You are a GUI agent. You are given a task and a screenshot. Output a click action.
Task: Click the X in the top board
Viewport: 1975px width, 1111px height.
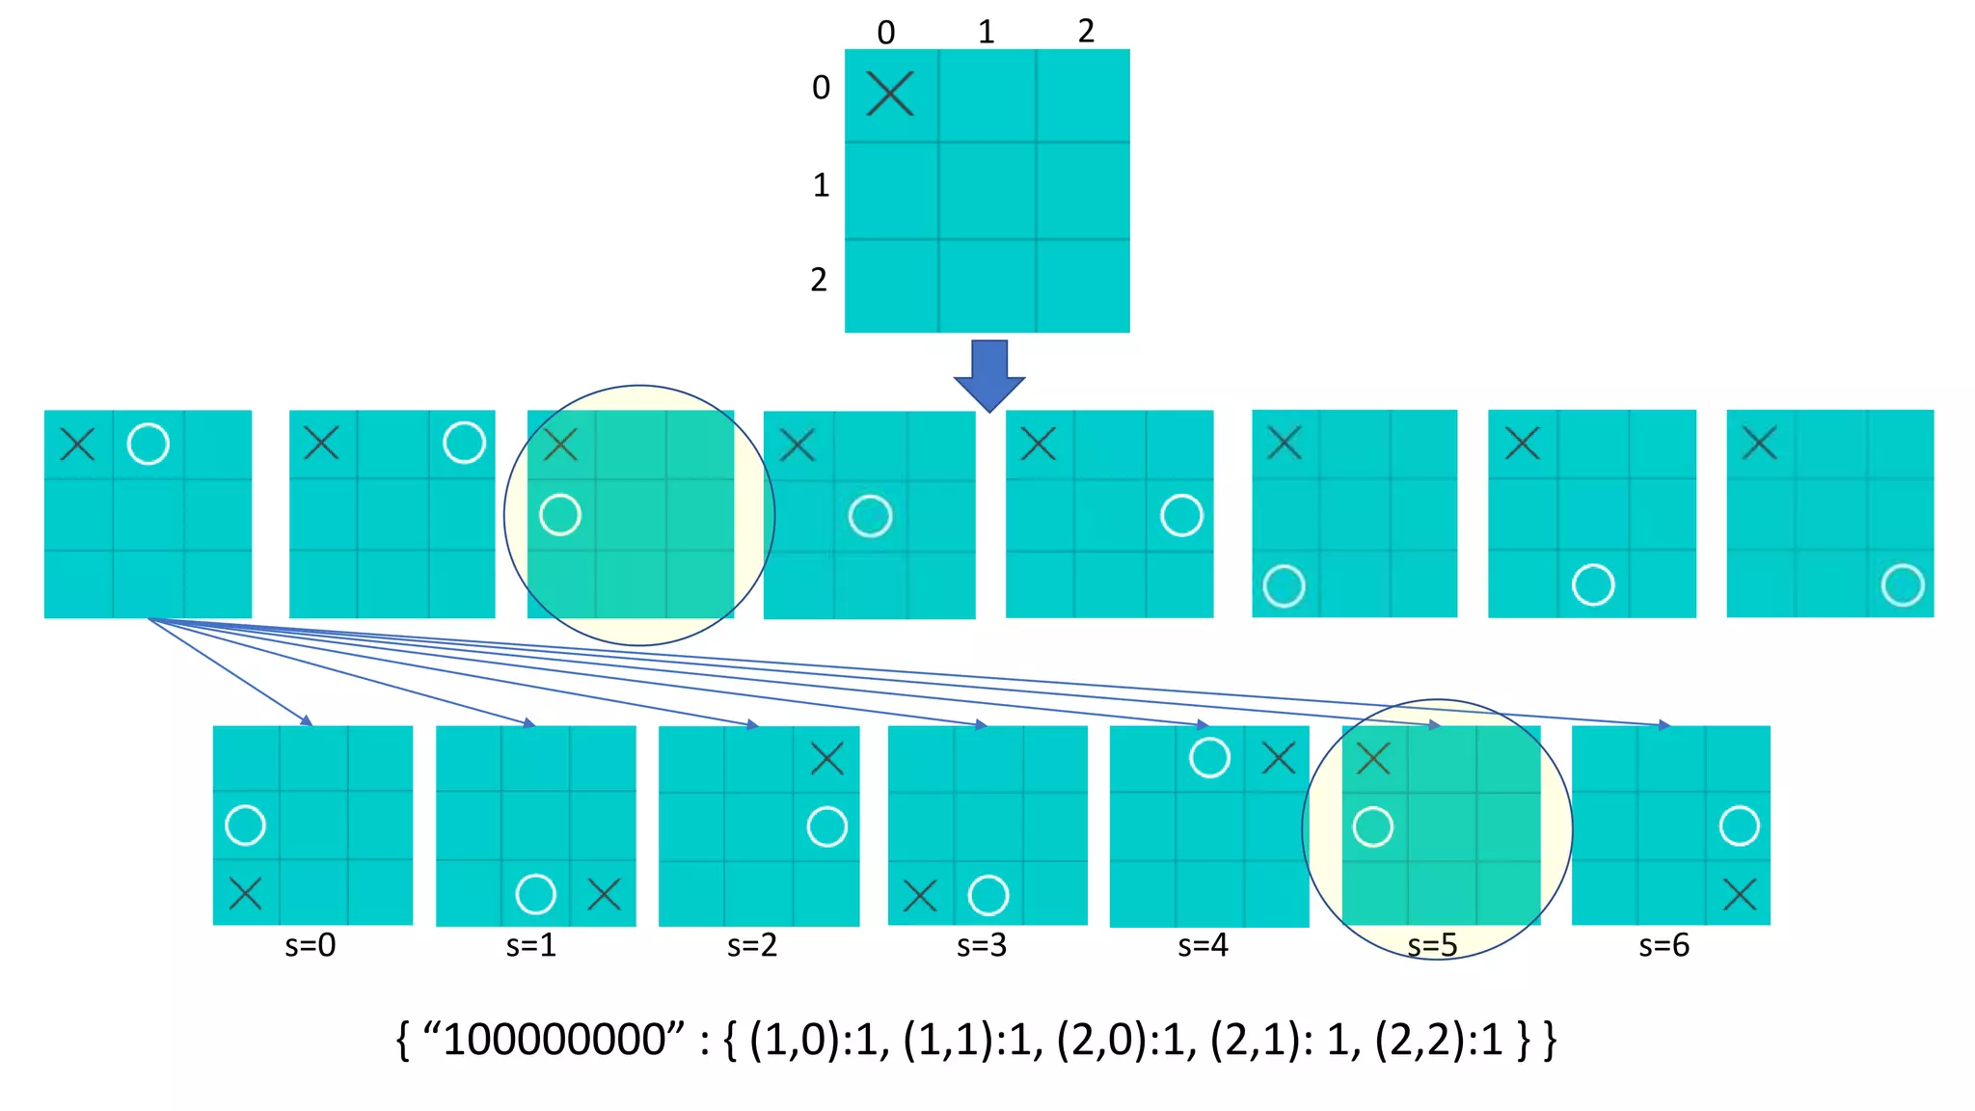coord(889,94)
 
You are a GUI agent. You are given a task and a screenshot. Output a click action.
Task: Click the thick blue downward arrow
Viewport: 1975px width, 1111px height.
coord(989,374)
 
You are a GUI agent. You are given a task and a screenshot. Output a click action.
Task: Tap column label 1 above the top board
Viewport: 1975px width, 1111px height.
coord(986,32)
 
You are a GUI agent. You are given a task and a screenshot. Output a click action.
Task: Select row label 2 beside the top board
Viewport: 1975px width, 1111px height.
coord(819,280)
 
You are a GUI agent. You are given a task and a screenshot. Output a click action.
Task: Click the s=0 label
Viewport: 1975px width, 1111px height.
coord(311,945)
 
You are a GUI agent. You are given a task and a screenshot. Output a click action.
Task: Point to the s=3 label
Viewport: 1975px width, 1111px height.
coord(982,945)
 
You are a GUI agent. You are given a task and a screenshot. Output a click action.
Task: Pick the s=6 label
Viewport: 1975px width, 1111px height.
coord(1664,945)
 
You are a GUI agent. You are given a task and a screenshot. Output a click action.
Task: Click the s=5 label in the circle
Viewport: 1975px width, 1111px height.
coord(1432,945)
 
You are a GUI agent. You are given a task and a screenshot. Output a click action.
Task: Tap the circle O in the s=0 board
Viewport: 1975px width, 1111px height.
coord(245,826)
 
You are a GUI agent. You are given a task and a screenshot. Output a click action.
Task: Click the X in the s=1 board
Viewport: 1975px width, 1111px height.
coord(604,894)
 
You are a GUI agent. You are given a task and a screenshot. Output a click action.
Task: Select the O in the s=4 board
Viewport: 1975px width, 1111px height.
coord(1209,757)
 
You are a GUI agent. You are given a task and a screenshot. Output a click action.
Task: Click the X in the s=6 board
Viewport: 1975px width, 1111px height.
coord(1740,894)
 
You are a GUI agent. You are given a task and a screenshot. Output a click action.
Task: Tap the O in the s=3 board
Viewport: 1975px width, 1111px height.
coord(988,895)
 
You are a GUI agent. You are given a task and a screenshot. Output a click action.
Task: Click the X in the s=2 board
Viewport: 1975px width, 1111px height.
coord(827,758)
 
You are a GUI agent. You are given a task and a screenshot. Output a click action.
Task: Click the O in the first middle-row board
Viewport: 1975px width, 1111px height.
coord(148,444)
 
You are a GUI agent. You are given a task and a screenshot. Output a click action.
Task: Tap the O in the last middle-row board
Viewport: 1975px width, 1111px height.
coord(1903,585)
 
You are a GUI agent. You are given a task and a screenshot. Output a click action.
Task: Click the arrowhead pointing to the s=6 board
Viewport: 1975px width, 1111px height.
coord(1664,724)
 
